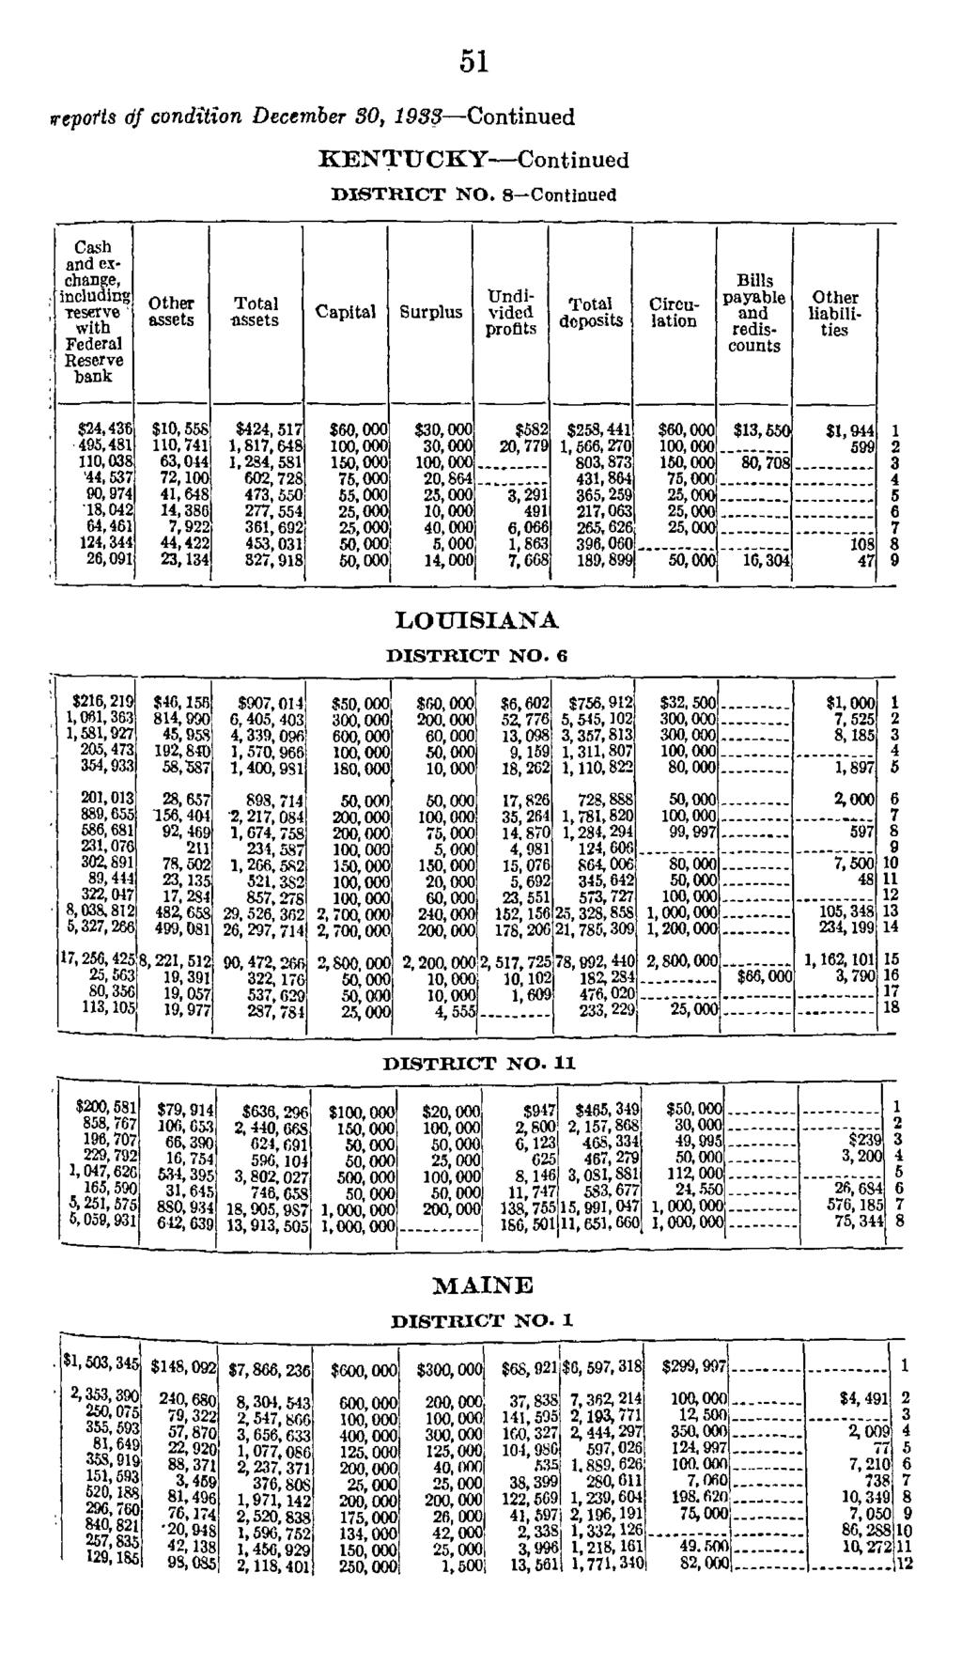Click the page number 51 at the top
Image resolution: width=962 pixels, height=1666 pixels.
[x=475, y=60]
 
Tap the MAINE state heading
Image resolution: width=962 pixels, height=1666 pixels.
[x=483, y=1285]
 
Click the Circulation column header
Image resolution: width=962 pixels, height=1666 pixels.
[x=674, y=313]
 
